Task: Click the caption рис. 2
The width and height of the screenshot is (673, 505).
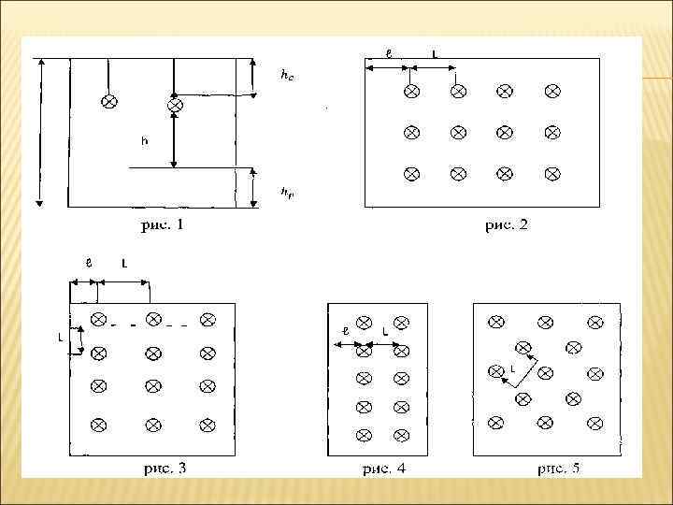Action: (x=506, y=224)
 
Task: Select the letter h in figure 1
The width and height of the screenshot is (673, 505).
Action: (x=143, y=141)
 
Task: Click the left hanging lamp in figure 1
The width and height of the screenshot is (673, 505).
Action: (x=109, y=100)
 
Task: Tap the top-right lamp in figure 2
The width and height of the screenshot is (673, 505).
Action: (x=552, y=91)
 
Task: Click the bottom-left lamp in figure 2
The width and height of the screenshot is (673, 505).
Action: (x=410, y=174)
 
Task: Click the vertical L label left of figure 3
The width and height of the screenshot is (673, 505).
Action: (x=61, y=338)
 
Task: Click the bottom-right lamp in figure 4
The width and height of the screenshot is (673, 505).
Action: (x=401, y=435)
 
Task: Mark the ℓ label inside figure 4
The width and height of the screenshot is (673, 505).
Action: (x=345, y=330)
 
